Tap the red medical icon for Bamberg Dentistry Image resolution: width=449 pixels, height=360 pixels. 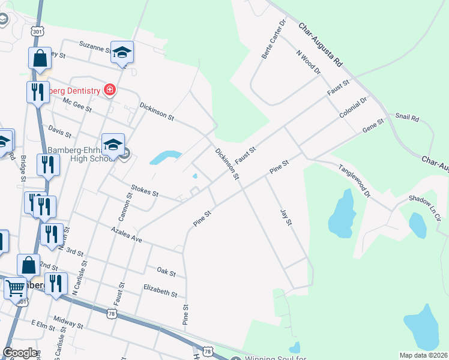coord(109,90)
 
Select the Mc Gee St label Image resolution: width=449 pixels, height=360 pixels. coord(77,105)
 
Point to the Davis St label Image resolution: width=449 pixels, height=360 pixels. coord(59,131)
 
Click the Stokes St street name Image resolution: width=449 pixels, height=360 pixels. coord(143,191)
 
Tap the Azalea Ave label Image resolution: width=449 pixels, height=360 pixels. coord(127,233)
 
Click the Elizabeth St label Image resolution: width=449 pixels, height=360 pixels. coord(160,291)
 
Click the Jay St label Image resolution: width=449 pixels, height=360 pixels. coord(285,217)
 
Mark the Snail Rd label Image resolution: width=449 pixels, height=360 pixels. coord(407,117)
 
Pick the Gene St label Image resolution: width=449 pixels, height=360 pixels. coord(373,127)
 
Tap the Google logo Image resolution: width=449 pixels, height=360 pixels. coord(20,353)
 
